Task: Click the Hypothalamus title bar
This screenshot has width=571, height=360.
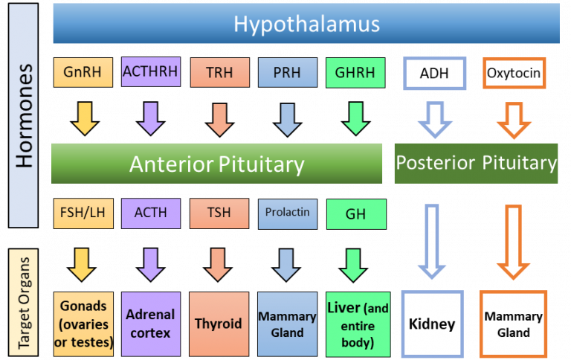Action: coord(306,23)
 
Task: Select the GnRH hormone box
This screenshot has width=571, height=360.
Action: coord(83,74)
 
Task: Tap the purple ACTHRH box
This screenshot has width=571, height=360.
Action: coord(151,74)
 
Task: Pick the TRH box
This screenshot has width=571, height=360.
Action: coord(219,74)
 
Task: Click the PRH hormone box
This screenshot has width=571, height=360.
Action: coord(287,74)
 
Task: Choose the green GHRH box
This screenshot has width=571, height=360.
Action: coord(355,74)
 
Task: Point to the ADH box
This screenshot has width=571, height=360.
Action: coord(434,74)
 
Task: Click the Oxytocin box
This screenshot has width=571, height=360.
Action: coord(513,74)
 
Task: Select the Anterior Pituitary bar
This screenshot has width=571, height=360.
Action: coord(217,164)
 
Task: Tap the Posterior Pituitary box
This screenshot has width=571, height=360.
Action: coord(476,163)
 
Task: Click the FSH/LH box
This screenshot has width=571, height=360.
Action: coord(83,213)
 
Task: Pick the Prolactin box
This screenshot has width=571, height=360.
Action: coord(287,213)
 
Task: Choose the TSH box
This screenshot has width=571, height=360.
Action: coord(219,213)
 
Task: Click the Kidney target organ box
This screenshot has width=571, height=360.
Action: coord(432,324)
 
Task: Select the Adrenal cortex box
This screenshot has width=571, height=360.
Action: coord(151,324)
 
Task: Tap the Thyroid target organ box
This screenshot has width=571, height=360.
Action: coord(219,324)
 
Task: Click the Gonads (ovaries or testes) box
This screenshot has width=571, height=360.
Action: coord(83,324)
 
